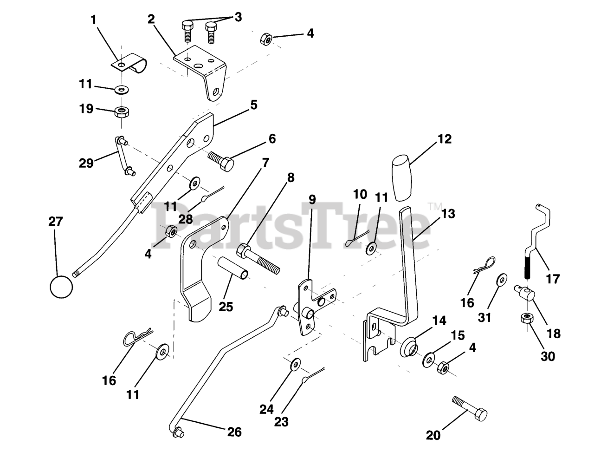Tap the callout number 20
(x=433, y=435)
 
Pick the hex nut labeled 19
(x=122, y=111)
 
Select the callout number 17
(x=553, y=279)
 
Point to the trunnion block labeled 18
(x=525, y=294)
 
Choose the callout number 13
(x=448, y=214)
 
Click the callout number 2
(x=151, y=19)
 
